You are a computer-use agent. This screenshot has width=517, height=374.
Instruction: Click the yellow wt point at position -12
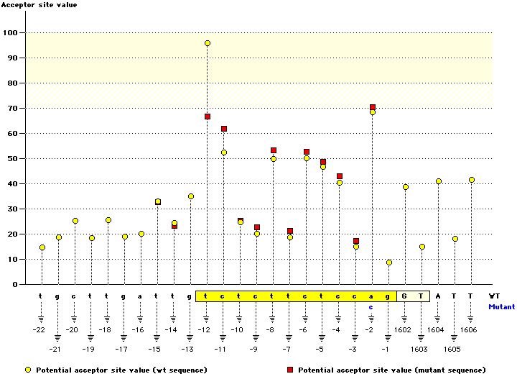tap(208, 43)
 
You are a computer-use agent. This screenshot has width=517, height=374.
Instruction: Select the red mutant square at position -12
tap(208, 117)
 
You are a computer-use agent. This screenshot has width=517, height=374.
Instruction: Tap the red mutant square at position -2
tap(373, 107)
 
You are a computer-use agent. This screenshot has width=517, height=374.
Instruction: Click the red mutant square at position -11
tap(224, 129)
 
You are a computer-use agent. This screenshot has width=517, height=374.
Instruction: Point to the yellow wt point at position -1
tap(389, 263)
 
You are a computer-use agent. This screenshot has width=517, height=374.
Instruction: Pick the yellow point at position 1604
tap(439, 181)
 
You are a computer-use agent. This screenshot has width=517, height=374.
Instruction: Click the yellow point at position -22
tap(42, 247)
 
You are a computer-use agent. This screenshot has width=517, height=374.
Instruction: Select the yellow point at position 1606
tap(472, 180)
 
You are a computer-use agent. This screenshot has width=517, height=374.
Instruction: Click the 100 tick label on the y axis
tap(10, 33)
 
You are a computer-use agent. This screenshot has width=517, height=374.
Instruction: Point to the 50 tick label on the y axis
tap(12, 159)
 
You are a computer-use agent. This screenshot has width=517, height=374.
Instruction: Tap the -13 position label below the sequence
tap(188, 349)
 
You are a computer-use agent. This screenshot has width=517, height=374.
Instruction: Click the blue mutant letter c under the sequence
tap(371, 306)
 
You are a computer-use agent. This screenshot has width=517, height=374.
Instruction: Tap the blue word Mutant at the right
tap(502, 306)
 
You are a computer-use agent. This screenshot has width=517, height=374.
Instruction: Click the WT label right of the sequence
tap(495, 296)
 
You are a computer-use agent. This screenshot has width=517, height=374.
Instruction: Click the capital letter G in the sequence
tap(405, 296)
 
